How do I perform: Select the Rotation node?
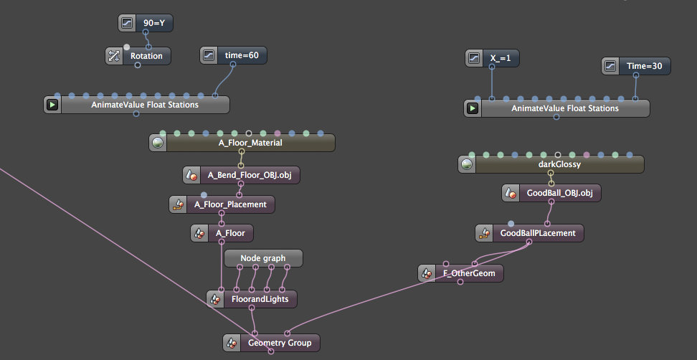(x=147, y=56)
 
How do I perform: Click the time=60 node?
(x=242, y=55)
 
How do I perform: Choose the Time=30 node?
(x=648, y=67)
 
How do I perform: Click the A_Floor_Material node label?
(x=250, y=143)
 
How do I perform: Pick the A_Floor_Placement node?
(x=230, y=204)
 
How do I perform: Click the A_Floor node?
(x=230, y=233)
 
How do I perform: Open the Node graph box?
(x=263, y=258)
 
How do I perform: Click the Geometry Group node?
(x=280, y=343)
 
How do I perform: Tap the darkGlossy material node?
(x=559, y=164)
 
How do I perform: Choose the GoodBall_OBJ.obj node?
(x=559, y=193)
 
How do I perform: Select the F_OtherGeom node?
(x=469, y=273)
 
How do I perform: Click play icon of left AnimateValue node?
(x=53, y=105)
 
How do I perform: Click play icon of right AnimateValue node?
(x=473, y=108)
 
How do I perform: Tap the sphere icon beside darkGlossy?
(x=467, y=164)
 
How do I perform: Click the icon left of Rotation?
(x=115, y=56)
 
